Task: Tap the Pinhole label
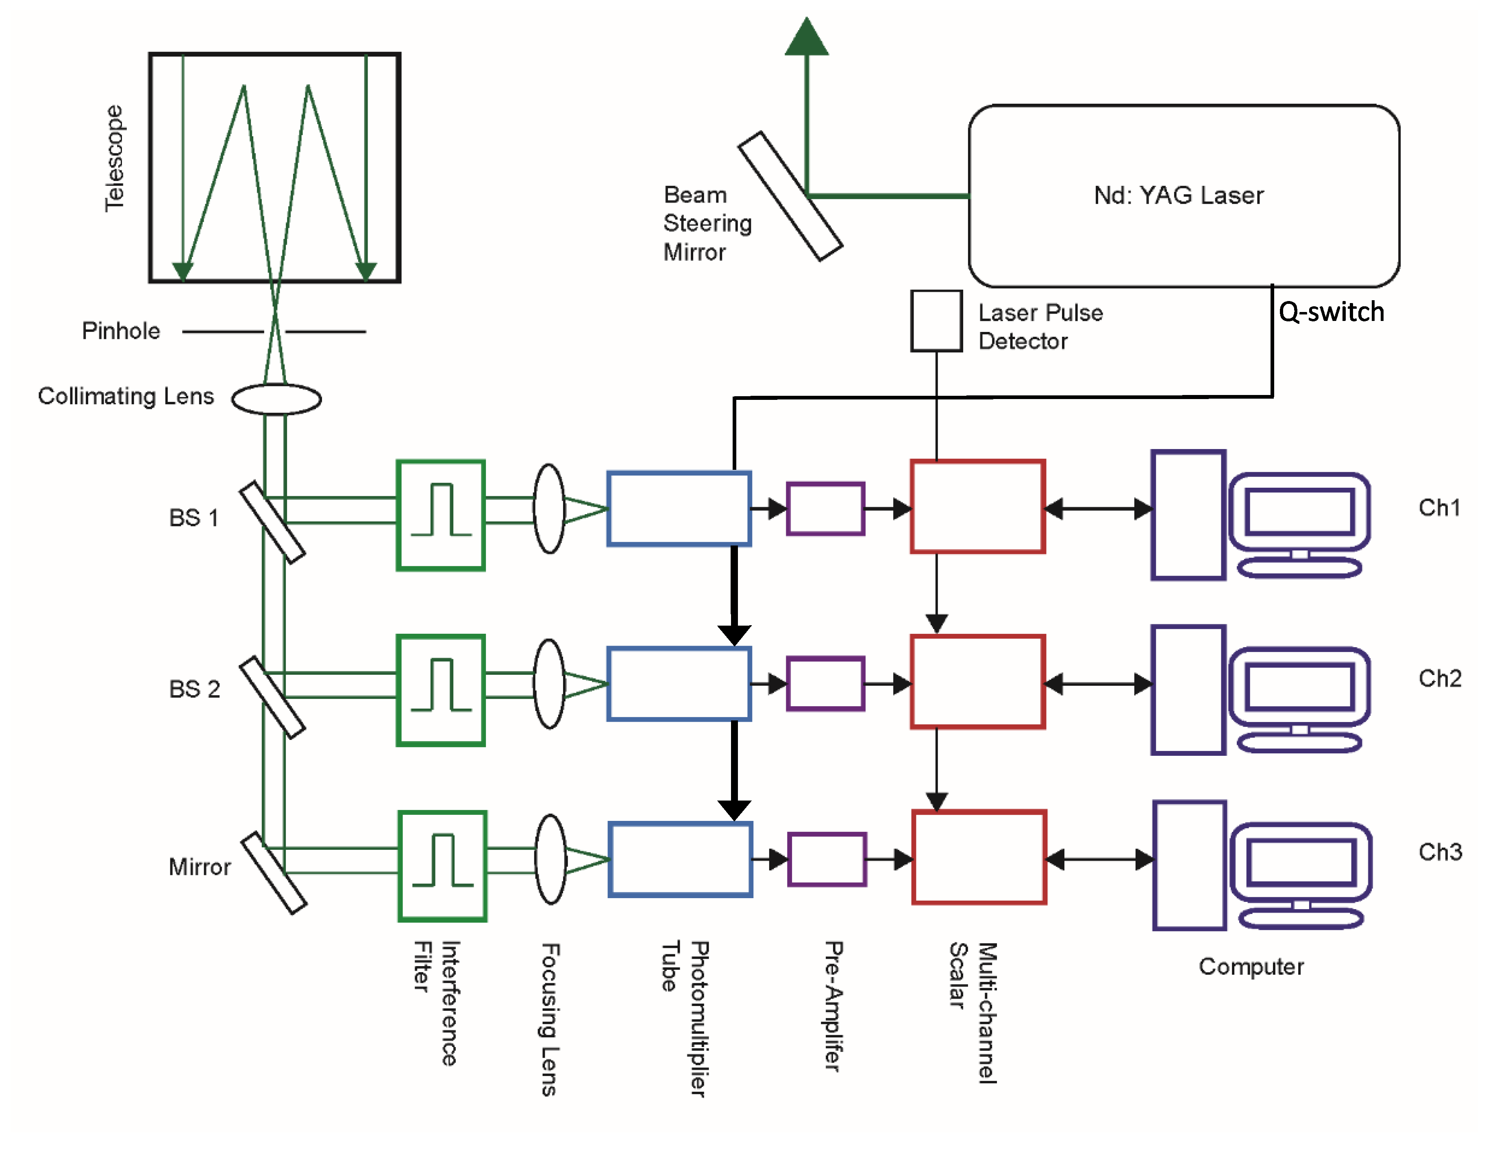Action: pyautogui.click(x=121, y=331)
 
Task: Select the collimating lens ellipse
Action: pyautogui.click(x=276, y=398)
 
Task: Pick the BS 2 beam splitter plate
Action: pyautogui.click(x=272, y=697)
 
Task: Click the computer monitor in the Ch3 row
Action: pyautogui.click(x=1300, y=863)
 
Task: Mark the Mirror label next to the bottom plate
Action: pyautogui.click(x=200, y=867)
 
